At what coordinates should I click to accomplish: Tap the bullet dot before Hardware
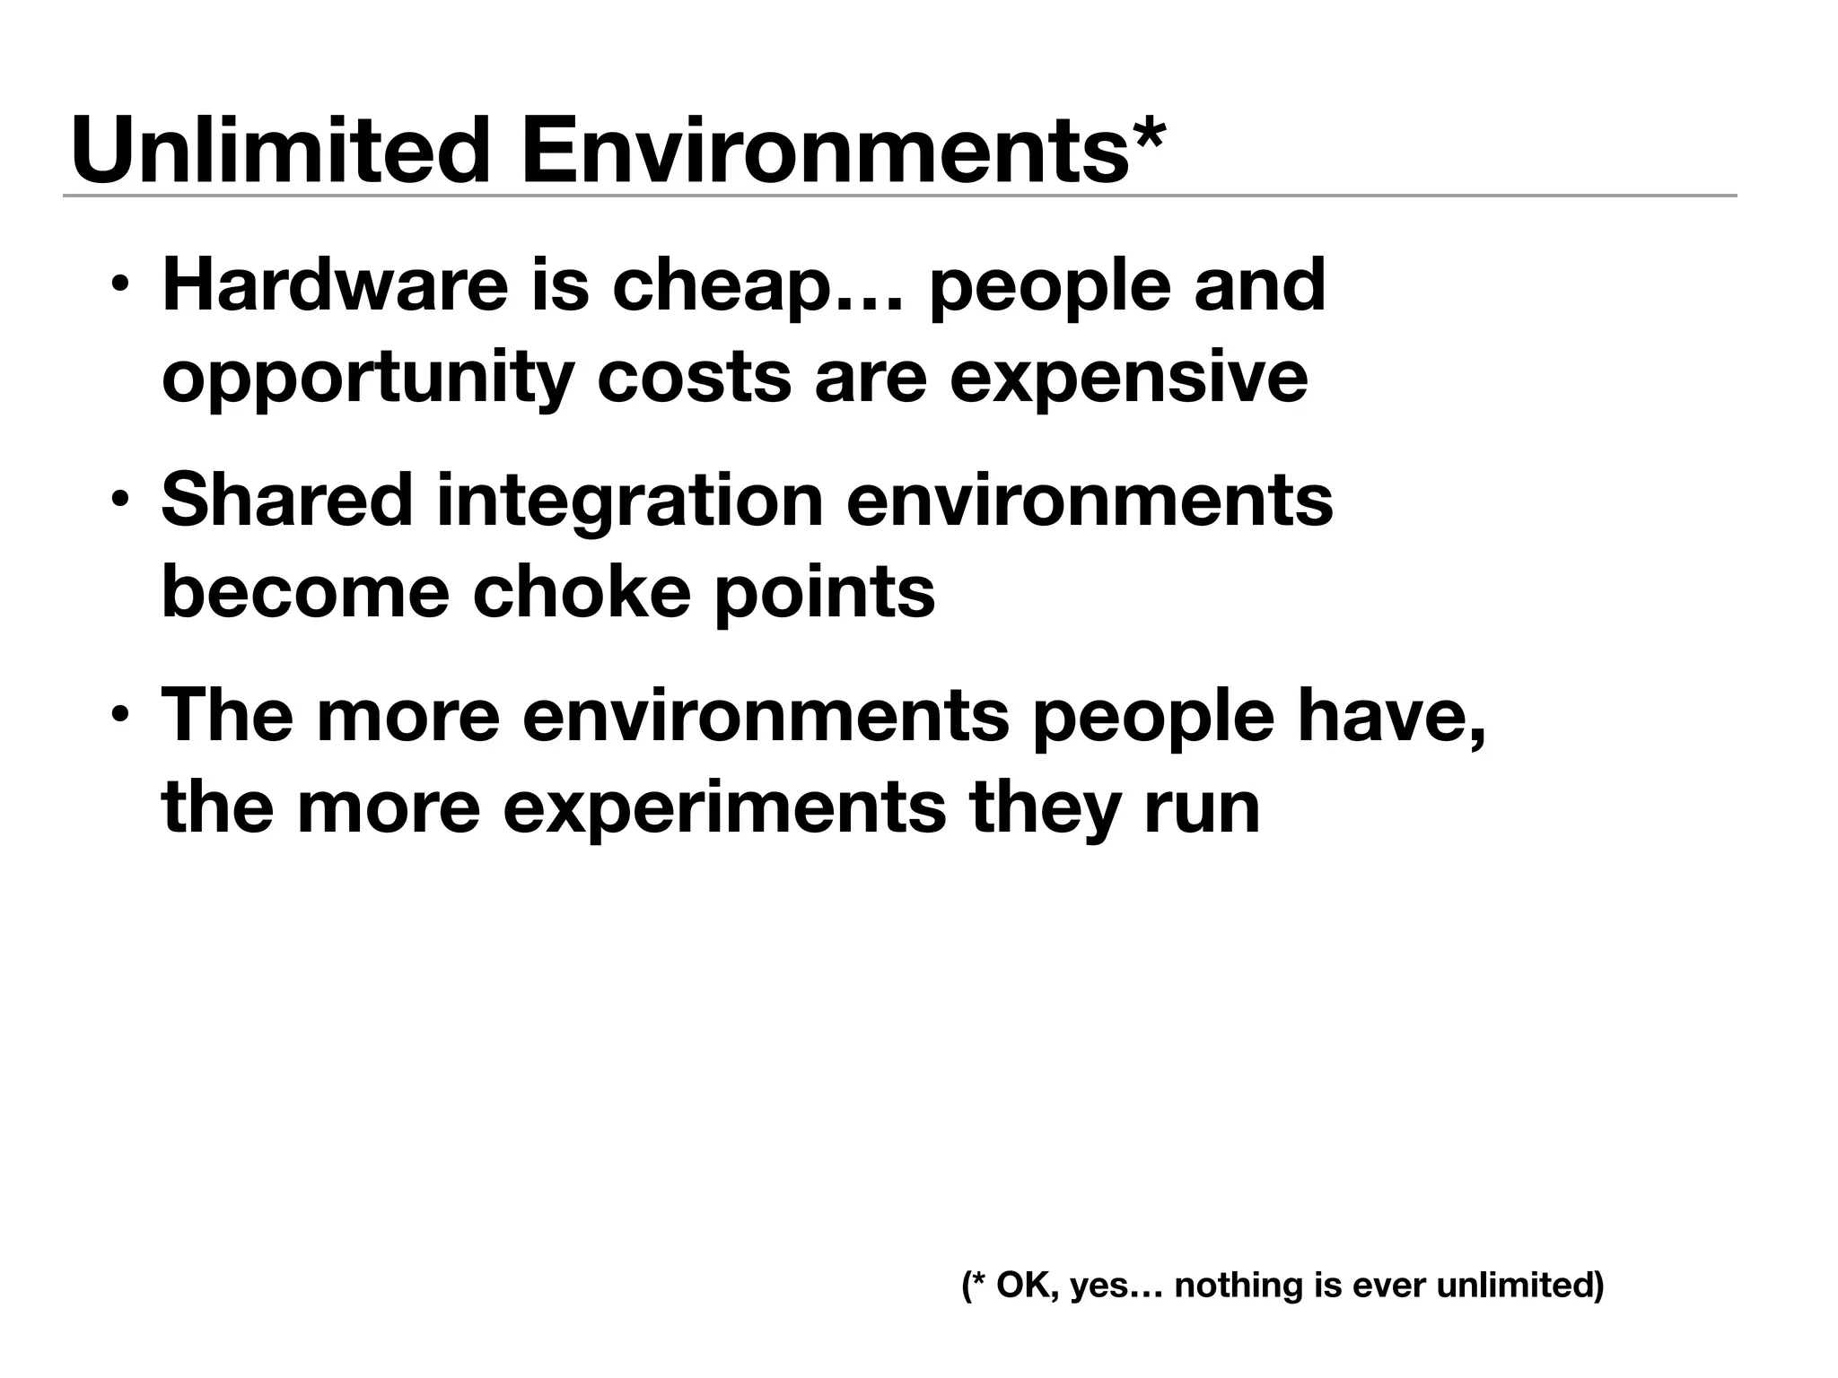(x=118, y=286)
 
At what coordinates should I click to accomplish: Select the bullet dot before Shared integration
(x=118, y=500)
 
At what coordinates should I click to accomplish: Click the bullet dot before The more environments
(x=118, y=715)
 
